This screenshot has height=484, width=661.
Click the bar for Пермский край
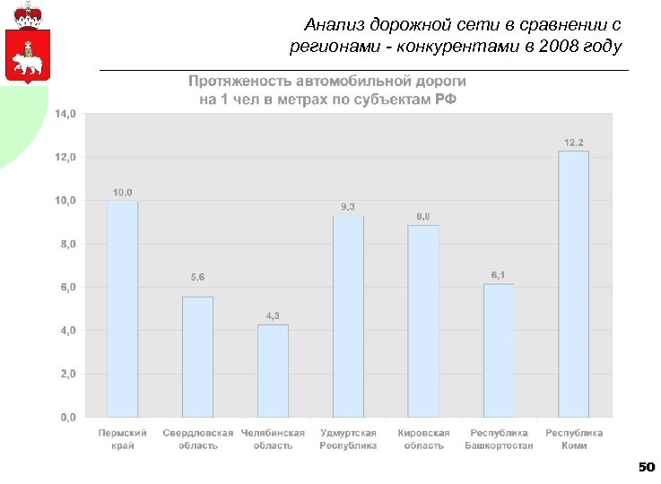(123, 309)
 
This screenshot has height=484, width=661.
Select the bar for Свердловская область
(197, 357)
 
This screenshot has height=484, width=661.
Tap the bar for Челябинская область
(273, 371)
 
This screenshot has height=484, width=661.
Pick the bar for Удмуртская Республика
(348, 316)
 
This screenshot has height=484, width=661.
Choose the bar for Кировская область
(423, 321)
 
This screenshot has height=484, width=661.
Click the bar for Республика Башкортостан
(499, 350)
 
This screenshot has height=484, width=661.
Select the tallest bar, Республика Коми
(574, 284)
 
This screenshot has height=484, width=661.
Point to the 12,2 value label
(574, 143)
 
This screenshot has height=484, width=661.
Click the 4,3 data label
(273, 315)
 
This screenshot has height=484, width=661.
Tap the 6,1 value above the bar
(499, 274)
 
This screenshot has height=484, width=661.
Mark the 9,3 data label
(348, 207)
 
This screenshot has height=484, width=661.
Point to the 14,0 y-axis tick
(66, 114)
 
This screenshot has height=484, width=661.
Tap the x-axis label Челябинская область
(273, 439)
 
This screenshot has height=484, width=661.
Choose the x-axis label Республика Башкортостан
(499, 439)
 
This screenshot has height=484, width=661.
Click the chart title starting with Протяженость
(327, 90)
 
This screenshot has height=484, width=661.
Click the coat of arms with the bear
(28, 45)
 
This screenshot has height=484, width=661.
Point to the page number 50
(646, 467)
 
